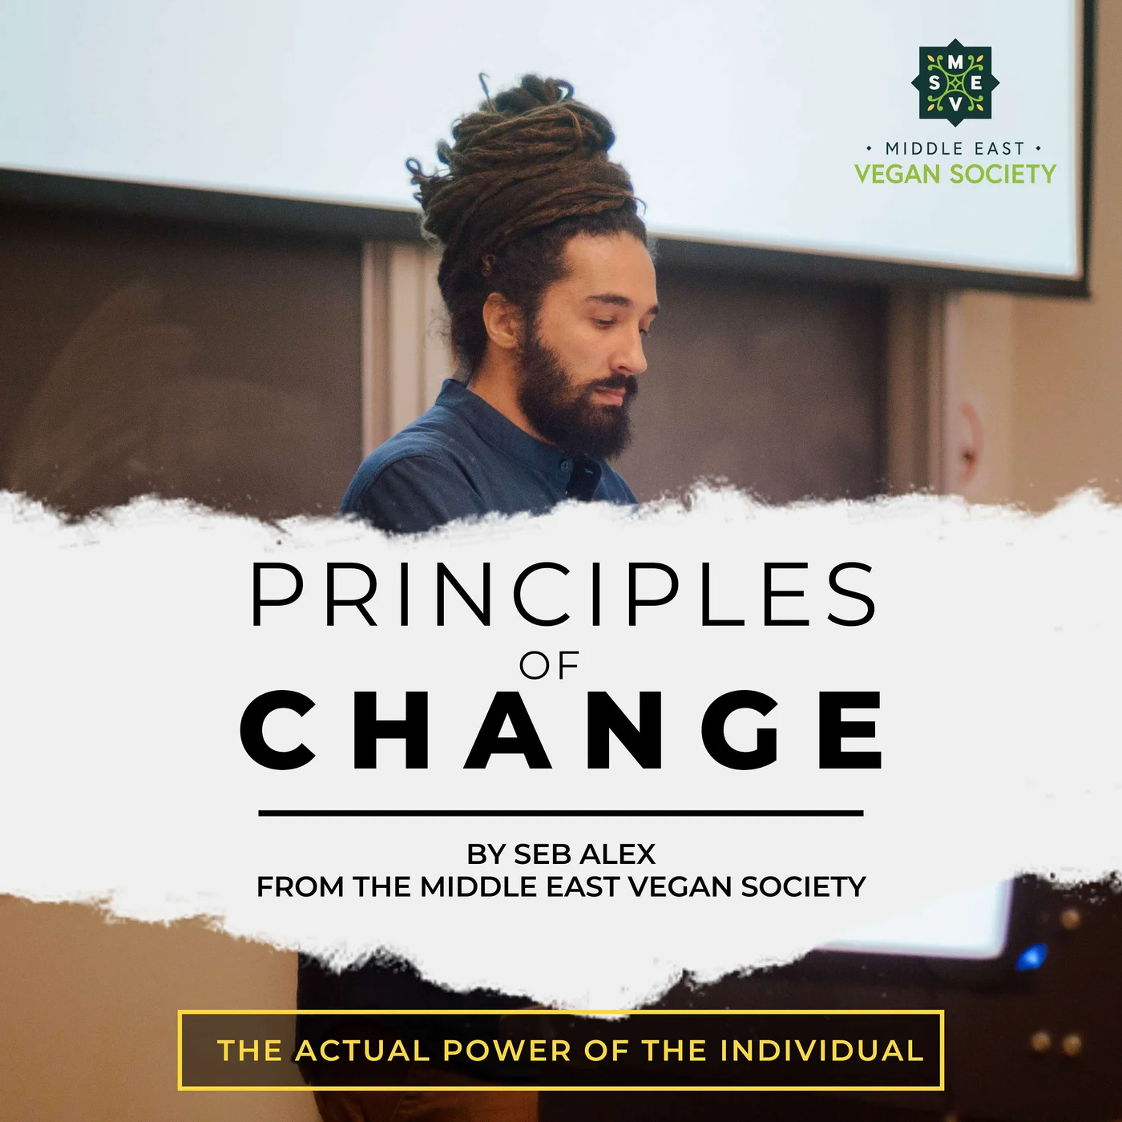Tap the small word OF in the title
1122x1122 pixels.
click(549, 665)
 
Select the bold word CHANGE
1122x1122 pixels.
click(563, 730)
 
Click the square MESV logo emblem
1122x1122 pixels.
click(955, 83)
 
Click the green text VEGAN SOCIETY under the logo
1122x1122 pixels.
click(955, 174)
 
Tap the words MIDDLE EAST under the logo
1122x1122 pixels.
click(955, 148)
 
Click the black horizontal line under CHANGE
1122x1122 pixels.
click(561, 813)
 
